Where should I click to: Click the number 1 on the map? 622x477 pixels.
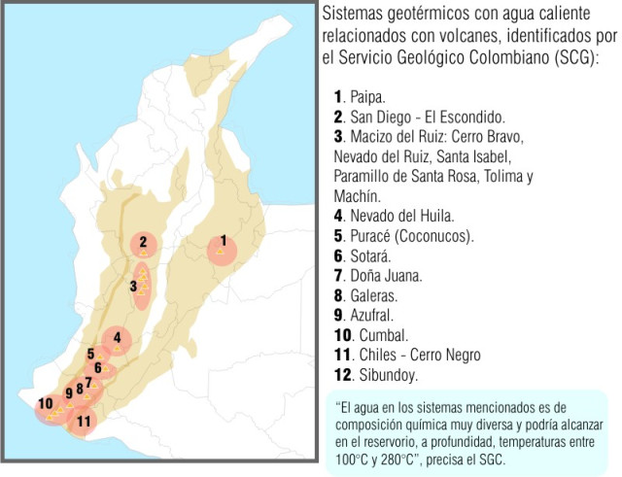[x=223, y=239]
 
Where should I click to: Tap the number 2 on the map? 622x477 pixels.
[x=143, y=242]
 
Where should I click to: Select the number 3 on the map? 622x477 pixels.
[x=133, y=286]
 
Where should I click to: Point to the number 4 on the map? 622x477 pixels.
[x=118, y=337]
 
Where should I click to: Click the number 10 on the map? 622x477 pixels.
[x=45, y=403]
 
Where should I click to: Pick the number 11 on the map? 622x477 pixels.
[x=84, y=421]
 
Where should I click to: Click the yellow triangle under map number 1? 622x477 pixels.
[x=222, y=252]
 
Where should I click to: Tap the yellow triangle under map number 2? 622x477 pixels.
[x=143, y=253]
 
